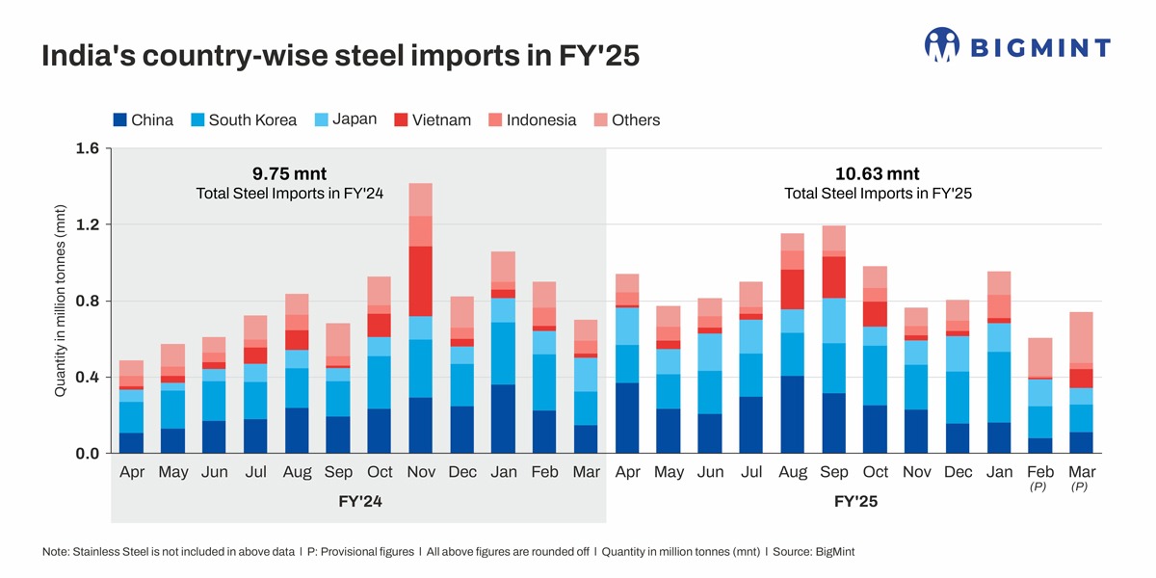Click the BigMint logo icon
pos(942,45)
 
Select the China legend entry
pos(144,120)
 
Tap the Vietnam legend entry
pos(432,120)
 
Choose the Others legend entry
pos(626,120)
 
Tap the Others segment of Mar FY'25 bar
pos(1081,337)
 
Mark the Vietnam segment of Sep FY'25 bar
pos(833,276)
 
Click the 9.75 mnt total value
pos(290,174)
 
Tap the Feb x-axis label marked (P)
pos(1040,473)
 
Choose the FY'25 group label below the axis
pos(855,503)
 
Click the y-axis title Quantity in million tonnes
pos(60,301)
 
